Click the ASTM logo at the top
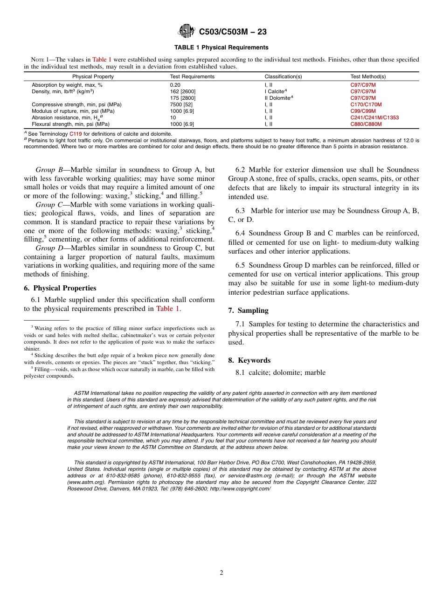click(187, 32)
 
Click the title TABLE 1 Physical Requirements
click(221, 48)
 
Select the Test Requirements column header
click(192, 76)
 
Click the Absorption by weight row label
click(67, 85)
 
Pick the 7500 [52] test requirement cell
click(181, 105)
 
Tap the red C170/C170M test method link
click(366, 105)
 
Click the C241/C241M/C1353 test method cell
click(374, 118)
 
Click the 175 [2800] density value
click(182, 98)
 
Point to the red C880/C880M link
click(366, 124)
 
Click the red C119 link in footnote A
click(76, 134)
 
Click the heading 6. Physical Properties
click(60, 288)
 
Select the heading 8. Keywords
click(249, 360)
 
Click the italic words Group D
click(49, 248)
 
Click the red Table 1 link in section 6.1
click(167, 309)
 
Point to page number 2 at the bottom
click(221, 573)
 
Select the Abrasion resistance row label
click(63, 118)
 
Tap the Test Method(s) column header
click(367, 76)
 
